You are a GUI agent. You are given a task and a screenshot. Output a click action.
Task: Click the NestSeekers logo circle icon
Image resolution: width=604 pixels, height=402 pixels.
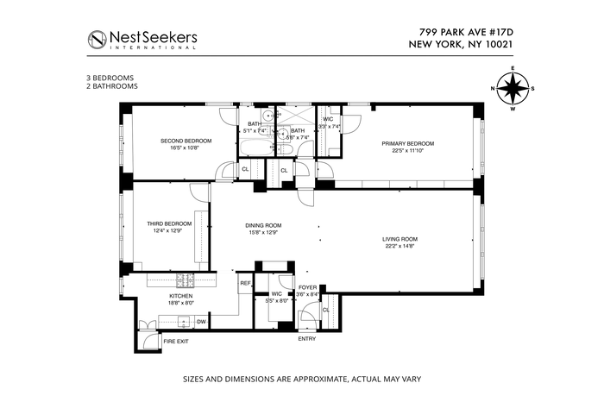point(97,40)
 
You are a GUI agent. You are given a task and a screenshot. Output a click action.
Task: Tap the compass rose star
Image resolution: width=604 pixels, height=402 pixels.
point(513,89)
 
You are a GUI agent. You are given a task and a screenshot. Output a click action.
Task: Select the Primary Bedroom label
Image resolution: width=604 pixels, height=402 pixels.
point(408,143)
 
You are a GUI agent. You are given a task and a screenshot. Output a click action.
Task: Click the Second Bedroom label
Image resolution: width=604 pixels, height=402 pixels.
point(186,141)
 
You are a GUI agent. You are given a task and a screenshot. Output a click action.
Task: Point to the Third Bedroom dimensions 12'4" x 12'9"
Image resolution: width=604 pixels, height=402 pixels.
point(167,231)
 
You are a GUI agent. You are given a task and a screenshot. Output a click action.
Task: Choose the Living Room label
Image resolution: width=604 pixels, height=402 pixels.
point(400,239)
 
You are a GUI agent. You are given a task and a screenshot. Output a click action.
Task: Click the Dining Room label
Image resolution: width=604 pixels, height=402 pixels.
point(263,225)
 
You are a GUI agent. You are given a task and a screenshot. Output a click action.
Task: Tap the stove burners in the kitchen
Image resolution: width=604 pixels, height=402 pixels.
point(186,280)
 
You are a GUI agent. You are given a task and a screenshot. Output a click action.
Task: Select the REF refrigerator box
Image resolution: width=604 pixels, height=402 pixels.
point(245,284)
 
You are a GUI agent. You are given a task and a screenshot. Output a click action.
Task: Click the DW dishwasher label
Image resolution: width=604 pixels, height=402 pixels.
point(201,322)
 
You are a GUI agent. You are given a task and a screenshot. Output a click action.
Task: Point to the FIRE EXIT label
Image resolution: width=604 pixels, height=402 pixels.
point(176,341)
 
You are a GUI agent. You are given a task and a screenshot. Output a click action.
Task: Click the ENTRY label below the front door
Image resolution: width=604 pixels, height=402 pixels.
point(307,339)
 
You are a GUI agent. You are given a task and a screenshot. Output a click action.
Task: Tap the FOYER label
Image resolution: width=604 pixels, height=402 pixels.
point(308,287)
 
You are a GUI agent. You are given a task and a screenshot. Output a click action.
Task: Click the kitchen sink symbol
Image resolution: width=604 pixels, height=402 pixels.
point(183,321)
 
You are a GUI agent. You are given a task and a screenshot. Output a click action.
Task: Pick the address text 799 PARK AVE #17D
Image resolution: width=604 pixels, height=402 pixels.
point(467,32)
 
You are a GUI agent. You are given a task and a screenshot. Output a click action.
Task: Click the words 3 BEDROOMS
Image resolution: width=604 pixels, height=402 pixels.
point(110,78)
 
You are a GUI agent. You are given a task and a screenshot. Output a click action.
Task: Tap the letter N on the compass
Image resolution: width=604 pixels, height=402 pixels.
point(493,89)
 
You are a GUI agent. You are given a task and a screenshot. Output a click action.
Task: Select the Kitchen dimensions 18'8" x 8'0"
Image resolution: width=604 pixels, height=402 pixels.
point(181,303)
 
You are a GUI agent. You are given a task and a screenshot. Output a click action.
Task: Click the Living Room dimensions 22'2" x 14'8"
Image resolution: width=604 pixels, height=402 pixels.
point(400,247)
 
